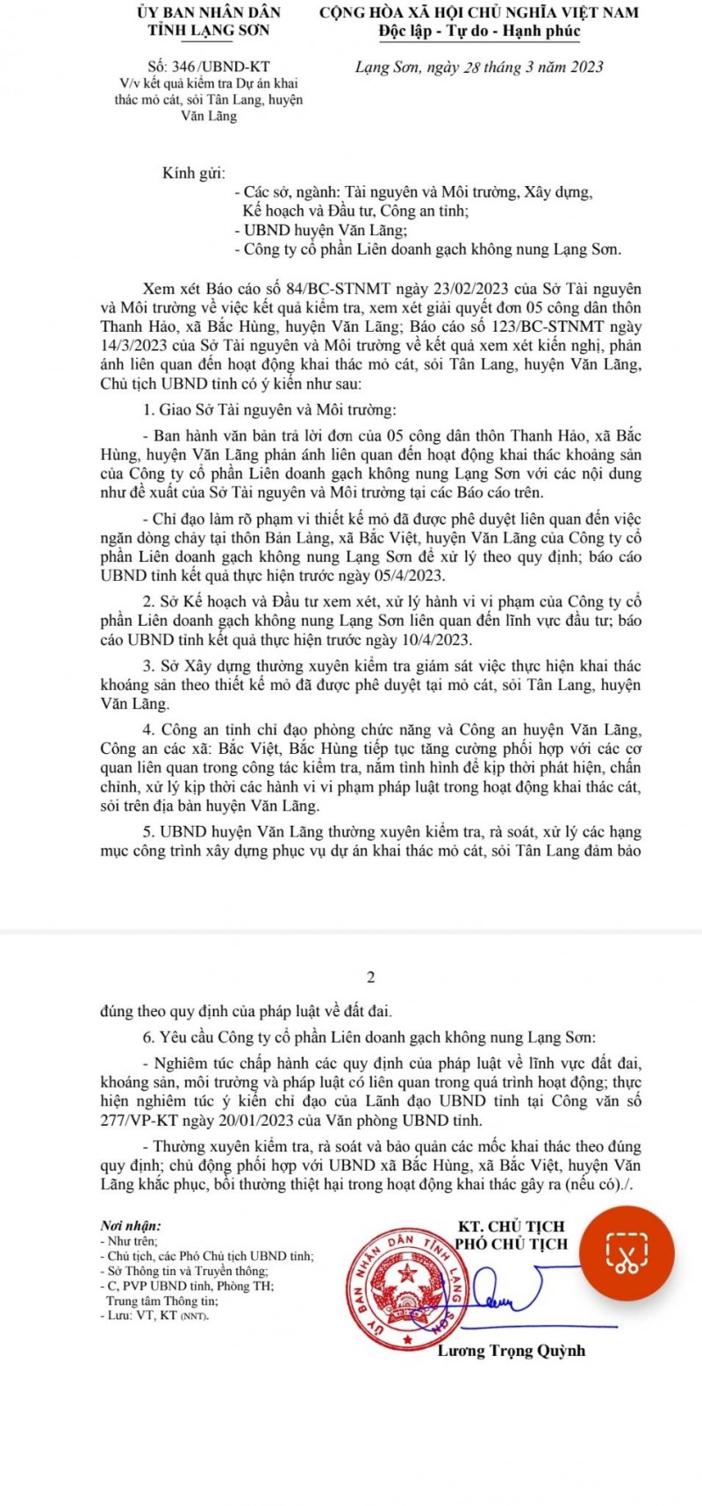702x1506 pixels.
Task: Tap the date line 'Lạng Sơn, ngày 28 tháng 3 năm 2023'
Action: click(x=479, y=67)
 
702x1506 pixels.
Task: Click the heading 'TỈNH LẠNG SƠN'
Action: click(x=209, y=31)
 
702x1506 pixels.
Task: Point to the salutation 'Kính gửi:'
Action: click(x=193, y=173)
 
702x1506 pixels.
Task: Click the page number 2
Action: click(x=370, y=977)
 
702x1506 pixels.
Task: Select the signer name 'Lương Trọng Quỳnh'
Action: click(x=511, y=1350)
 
